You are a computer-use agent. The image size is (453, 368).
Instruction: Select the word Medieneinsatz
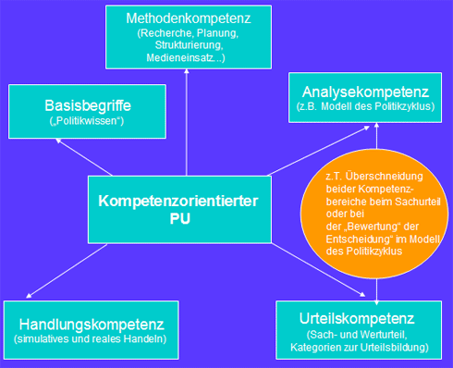(x=183, y=57)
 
